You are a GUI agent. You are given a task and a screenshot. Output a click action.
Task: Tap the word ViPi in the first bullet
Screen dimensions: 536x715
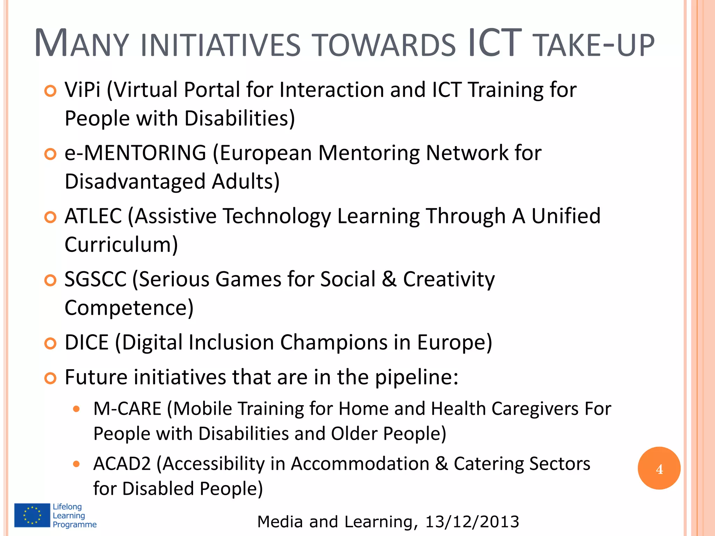[82, 90]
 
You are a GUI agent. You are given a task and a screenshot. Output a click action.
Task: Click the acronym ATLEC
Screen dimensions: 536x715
[93, 216]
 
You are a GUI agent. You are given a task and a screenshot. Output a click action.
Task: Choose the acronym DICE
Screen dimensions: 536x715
[87, 342]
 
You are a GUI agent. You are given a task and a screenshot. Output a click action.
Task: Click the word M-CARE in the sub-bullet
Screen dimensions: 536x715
[127, 409]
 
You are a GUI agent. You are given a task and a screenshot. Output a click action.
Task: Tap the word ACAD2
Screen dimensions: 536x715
[122, 464]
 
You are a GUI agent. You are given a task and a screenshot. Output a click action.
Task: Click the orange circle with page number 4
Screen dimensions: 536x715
[659, 468]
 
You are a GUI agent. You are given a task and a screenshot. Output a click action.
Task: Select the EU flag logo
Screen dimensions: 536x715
[32, 515]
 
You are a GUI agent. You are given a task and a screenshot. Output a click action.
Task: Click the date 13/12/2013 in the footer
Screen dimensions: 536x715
[472, 522]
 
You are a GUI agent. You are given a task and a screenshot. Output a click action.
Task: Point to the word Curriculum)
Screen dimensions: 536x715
[121, 245]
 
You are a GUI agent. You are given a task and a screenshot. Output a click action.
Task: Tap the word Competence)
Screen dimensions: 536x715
[129, 308]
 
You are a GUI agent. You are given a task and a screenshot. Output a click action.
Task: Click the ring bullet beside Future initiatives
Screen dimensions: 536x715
[51, 378]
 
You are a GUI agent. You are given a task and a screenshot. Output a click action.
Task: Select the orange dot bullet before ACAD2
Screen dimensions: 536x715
[76, 464]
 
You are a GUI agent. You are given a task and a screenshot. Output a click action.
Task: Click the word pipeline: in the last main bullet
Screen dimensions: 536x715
[417, 378]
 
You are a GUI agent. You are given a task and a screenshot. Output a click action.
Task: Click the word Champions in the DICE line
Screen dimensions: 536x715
[334, 342]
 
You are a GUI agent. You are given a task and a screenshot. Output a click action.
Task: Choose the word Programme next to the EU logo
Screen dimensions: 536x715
[75, 524]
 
